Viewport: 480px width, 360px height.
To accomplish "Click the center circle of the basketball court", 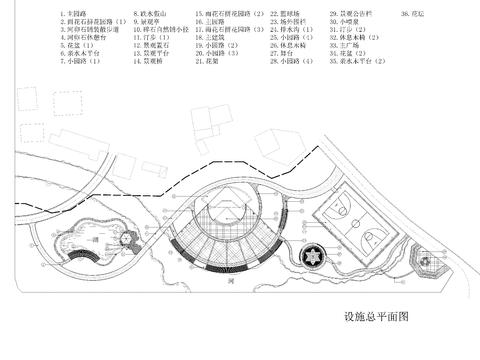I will click(354, 219).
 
